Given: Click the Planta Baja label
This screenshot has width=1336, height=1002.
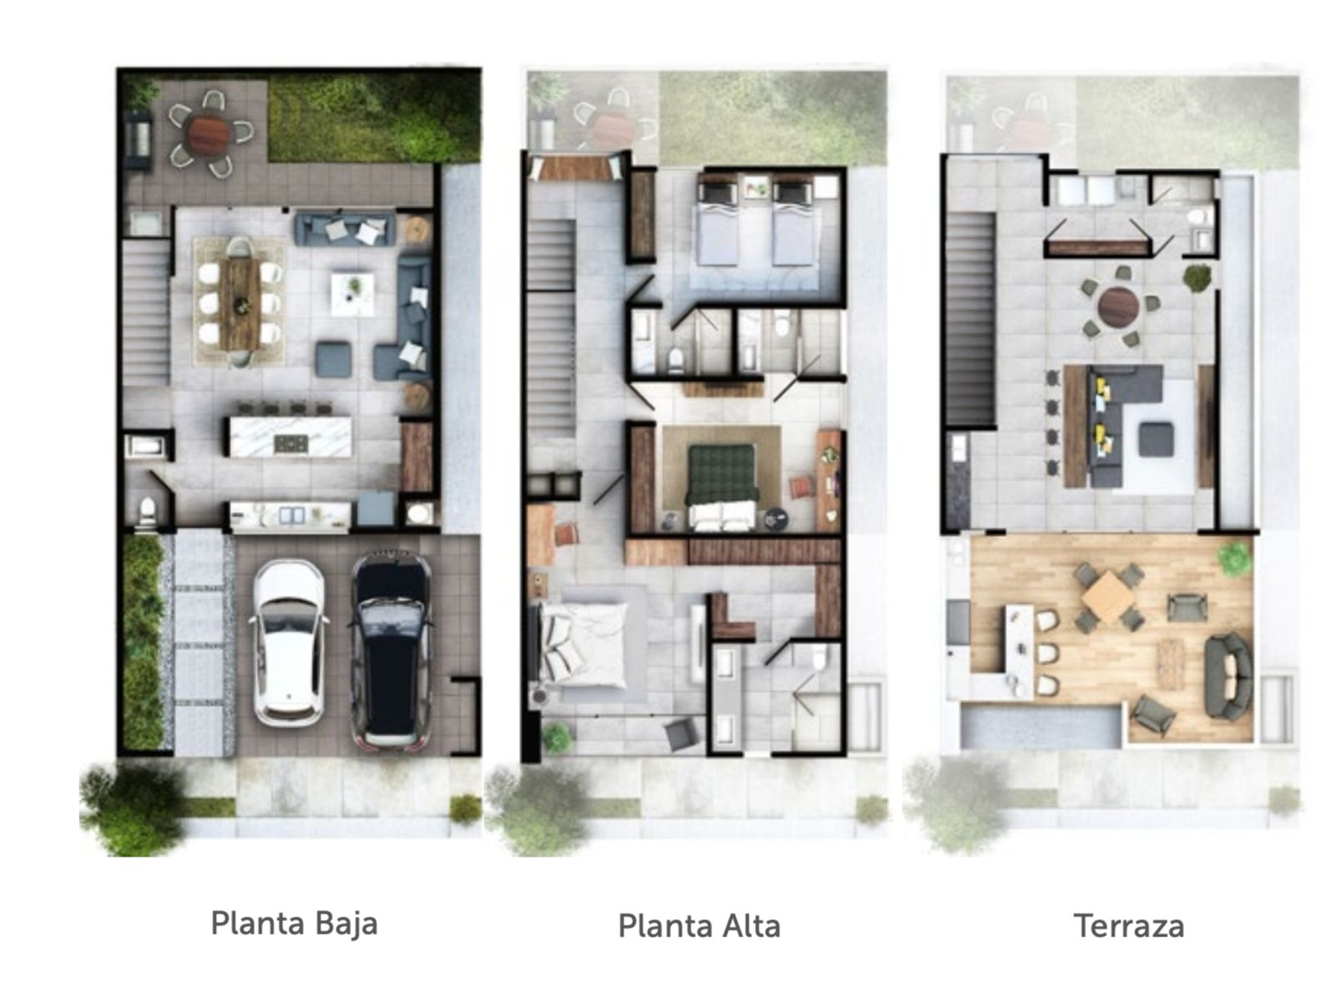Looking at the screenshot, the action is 294,924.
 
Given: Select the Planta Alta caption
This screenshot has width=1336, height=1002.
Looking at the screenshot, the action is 699,926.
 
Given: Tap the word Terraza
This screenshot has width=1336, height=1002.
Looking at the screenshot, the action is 1129,926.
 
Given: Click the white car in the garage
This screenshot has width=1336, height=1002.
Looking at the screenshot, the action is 288,642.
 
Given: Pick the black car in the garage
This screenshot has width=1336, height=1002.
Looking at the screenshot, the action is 391,649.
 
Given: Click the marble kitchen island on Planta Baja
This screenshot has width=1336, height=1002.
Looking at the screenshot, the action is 291,436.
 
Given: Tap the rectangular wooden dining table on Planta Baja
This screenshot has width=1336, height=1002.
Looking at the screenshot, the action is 240,304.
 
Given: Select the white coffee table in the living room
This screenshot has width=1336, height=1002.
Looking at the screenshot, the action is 352,294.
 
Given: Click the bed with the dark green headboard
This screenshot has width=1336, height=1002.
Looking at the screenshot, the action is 722,487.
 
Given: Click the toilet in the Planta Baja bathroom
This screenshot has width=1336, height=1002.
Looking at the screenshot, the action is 147,510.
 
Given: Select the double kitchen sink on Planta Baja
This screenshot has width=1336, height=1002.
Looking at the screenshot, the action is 291,515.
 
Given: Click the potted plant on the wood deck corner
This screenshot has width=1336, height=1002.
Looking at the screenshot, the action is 1234,559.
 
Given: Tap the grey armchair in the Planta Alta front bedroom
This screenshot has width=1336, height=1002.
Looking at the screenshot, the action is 681,734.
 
